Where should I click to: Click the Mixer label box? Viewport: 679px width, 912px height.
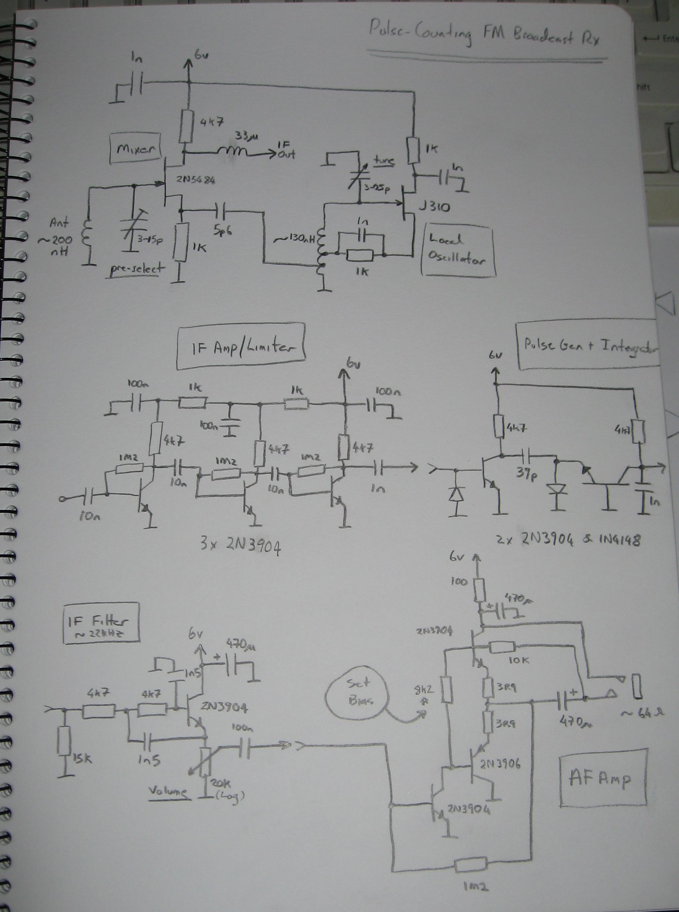[135, 149]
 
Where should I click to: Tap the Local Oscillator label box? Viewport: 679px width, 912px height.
[458, 250]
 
